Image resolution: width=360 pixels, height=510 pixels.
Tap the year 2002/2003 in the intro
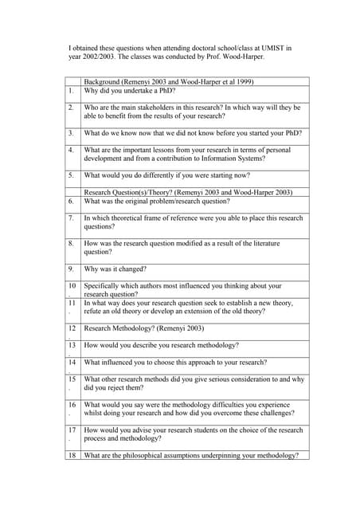pyautogui.click(x=96, y=57)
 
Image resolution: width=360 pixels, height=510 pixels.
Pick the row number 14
pyautogui.click(x=72, y=362)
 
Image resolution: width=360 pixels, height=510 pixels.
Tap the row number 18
pyautogui.click(x=72, y=455)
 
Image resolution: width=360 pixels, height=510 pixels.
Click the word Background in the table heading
pyautogui.click(x=102, y=82)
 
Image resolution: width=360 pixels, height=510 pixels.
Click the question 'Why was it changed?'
pyautogui.click(x=115, y=269)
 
